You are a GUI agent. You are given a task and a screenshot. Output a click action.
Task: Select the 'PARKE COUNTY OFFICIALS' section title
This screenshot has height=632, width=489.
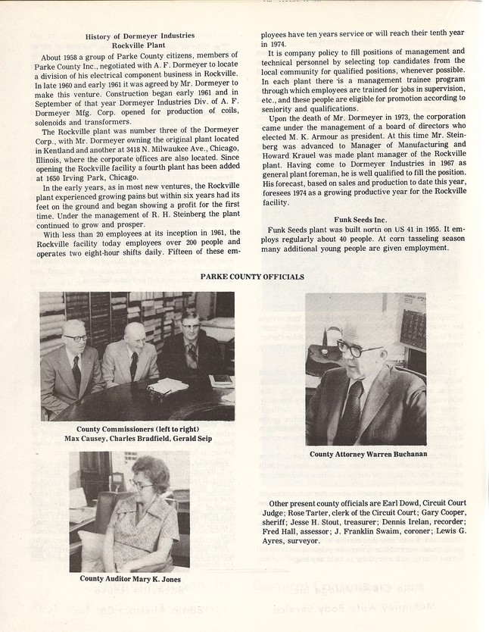point(252,277)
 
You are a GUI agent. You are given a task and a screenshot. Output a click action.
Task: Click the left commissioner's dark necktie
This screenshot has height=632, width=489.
point(76,371)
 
